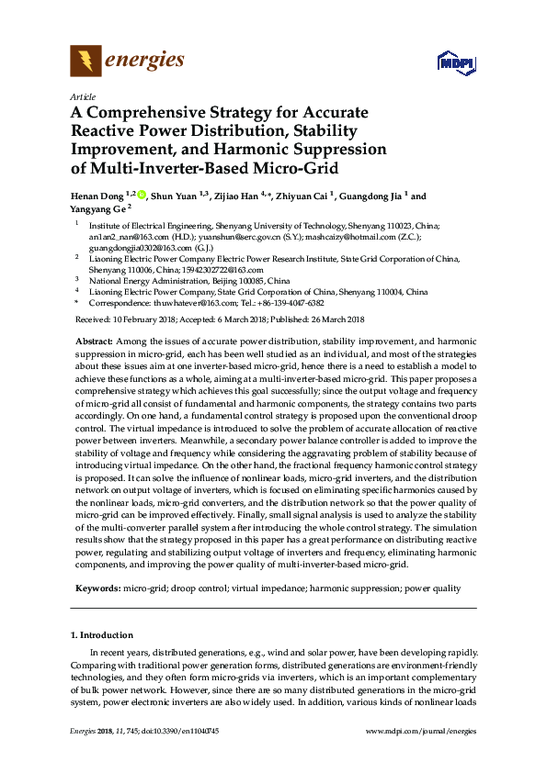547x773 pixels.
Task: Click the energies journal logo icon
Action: click(x=85, y=61)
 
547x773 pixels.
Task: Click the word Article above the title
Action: click(x=81, y=95)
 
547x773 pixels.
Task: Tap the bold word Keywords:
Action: click(x=96, y=587)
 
